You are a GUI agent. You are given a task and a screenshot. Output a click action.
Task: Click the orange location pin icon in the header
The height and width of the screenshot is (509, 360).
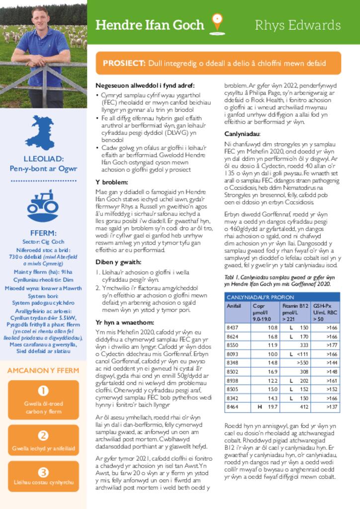click(216, 22)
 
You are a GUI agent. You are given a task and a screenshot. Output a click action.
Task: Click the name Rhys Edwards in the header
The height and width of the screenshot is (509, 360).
click(297, 25)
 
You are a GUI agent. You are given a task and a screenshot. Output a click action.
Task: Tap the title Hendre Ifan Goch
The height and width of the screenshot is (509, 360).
click(149, 25)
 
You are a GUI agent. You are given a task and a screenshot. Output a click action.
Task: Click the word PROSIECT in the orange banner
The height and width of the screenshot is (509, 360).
click(124, 63)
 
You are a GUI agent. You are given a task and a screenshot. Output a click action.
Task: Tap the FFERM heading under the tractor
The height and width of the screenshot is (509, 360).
click(43, 233)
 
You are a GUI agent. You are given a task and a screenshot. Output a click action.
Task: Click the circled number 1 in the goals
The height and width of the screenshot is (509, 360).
click(43, 391)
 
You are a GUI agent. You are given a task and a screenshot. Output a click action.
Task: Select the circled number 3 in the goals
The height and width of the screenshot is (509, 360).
click(43, 472)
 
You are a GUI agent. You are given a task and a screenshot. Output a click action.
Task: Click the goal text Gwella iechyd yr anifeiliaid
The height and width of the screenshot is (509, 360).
click(43, 448)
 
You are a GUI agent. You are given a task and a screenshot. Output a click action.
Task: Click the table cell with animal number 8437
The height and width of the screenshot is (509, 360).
click(233, 328)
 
